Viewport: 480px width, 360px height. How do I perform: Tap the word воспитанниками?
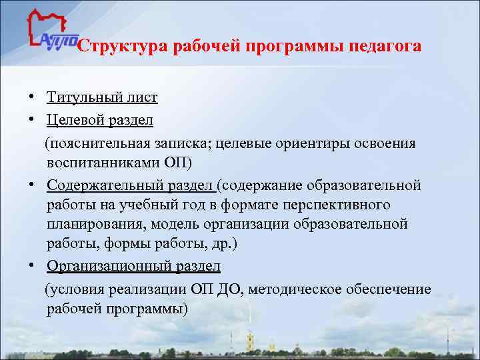click(x=103, y=163)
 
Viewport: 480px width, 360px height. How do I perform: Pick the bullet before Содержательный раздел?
click(x=32, y=184)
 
